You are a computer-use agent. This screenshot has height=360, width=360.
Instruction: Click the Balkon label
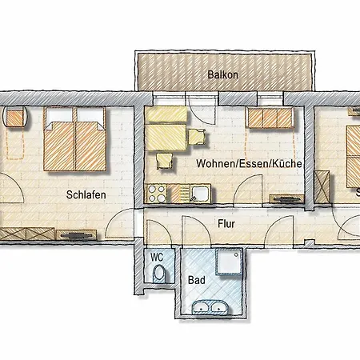(222, 74)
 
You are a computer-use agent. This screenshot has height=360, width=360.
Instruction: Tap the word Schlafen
(86, 194)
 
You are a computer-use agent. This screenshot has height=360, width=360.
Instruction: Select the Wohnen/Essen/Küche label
(249, 163)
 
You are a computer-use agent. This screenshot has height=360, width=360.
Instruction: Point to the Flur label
(226, 224)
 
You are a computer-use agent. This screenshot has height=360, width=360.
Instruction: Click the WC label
(157, 258)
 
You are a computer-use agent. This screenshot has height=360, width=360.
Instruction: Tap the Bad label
(197, 280)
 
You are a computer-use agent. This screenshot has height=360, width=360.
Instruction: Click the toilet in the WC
(159, 274)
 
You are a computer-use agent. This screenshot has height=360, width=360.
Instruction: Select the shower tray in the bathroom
(229, 262)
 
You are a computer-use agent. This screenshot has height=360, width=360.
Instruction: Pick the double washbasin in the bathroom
(210, 307)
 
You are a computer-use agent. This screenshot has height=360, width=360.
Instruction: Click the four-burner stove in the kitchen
(157, 194)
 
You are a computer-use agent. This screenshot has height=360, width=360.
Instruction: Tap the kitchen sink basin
(200, 194)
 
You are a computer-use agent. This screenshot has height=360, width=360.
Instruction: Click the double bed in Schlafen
(75, 139)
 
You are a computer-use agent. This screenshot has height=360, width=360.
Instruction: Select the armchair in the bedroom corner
(15, 118)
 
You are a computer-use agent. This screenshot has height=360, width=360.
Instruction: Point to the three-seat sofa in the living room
(270, 118)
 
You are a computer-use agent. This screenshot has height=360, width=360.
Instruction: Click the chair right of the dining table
(197, 137)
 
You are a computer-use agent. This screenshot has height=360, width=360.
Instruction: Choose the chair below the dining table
(164, 161)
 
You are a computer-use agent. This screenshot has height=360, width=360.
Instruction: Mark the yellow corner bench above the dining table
(166, 115)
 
